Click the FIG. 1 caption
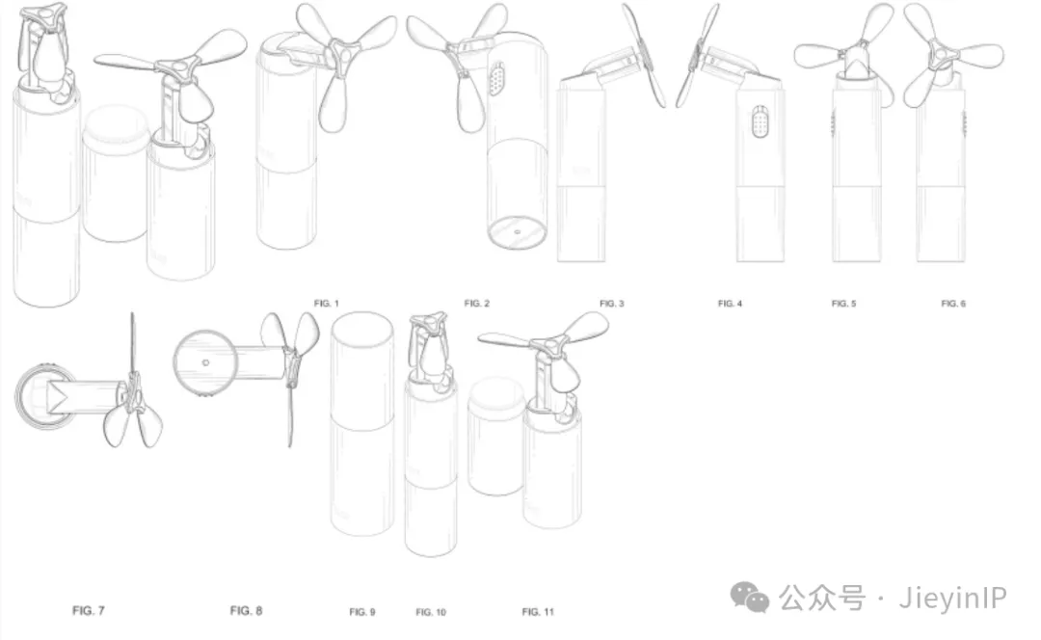(327, 304)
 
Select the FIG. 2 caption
(477, 304)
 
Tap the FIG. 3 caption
(611, 304)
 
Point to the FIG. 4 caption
(730, 304)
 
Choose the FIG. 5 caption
(843, 304)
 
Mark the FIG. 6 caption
(953, 304)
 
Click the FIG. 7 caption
(89, 610)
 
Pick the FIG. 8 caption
(247, 610)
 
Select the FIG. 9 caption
(362, 611)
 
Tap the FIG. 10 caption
(431, 611)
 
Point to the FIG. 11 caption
(538, 611)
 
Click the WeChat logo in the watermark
(750, 597)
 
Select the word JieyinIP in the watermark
(952, 599)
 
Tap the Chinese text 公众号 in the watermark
(822, 598)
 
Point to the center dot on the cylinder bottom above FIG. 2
(518, 232)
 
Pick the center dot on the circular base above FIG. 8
(206, 362)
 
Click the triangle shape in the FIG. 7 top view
(58, 398)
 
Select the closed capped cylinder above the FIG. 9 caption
(361, 423)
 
